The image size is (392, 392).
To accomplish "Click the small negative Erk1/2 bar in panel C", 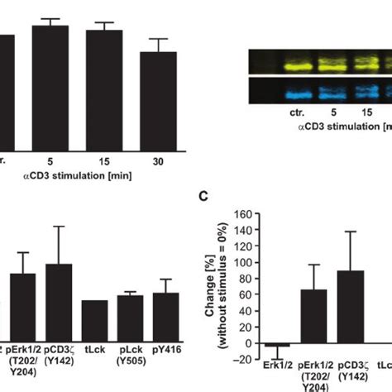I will click(278, 345).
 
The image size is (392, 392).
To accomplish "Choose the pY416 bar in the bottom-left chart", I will click(166, 321).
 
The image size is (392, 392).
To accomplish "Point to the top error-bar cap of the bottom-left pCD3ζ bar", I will click(59, 226).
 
